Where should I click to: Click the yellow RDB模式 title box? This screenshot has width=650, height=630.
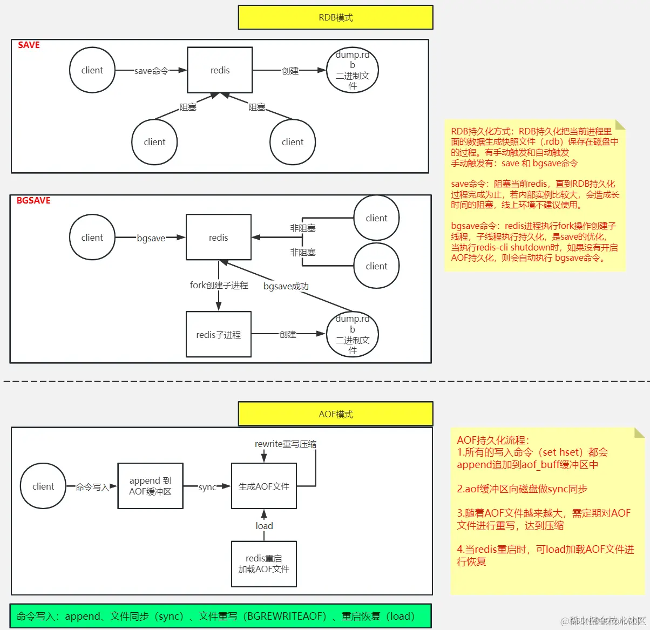click(x=335, y=17)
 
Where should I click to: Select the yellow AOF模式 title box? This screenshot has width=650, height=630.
click(x=335, y=414)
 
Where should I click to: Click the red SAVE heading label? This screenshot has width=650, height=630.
click(x=29, y=45)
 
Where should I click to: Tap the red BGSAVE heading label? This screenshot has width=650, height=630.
click(x=33, y=201)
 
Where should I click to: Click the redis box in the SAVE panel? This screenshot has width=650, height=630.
click(x=220, y=70)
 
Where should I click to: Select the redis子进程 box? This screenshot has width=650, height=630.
click(x=218, y=335)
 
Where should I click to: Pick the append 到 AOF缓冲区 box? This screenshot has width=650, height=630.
click(x=150, y=486)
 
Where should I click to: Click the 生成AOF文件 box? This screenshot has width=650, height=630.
click(x=263, y=486)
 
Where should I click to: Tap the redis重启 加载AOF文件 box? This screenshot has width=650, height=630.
click(x=263, y=564)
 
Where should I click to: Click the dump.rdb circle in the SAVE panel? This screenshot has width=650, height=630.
click(x=353, y=70)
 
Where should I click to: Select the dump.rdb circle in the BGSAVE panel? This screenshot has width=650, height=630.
click(x=353, y=335)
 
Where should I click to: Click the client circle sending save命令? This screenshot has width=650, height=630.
click(x=92, y=70)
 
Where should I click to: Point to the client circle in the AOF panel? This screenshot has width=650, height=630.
click(x=43, y=486)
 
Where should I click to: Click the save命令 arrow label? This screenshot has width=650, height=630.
click(x=151, y=71)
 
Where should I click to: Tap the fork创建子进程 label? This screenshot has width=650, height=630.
click(x=219, y=285)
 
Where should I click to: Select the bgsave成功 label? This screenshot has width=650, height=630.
click(x=286, y=286)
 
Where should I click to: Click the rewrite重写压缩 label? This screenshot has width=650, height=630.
click(x=285, y=444)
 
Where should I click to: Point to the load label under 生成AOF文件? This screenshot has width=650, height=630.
click(x=264, y=526)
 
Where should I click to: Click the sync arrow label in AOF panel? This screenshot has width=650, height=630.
click(x=207, y=487)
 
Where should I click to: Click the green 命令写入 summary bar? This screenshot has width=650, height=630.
click(x=220, y=616)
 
